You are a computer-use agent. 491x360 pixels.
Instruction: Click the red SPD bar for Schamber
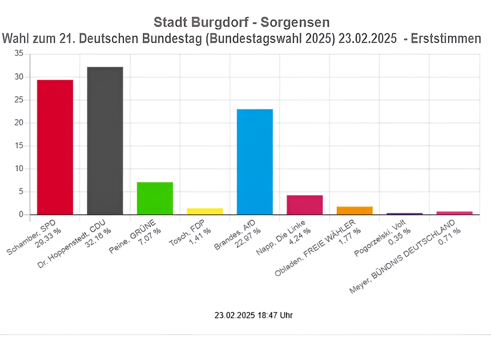coord(55,147)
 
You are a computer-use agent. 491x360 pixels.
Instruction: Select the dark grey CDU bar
coord(105,141)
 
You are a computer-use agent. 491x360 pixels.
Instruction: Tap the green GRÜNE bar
coord(155,198)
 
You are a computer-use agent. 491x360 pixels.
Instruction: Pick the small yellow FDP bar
coord(205,211)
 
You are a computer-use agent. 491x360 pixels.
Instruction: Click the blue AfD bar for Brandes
coord(255,162)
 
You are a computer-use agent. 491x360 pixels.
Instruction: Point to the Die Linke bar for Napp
coord(304,205)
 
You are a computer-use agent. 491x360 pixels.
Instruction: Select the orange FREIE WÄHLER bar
coord(355,211)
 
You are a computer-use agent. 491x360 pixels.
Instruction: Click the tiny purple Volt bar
coord(404,214)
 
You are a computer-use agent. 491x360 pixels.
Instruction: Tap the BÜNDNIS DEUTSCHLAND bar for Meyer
coord(455,213)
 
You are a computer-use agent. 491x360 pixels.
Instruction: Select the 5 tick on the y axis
coord(21,192)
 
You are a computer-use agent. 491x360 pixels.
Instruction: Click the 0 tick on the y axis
coord(21,214)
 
